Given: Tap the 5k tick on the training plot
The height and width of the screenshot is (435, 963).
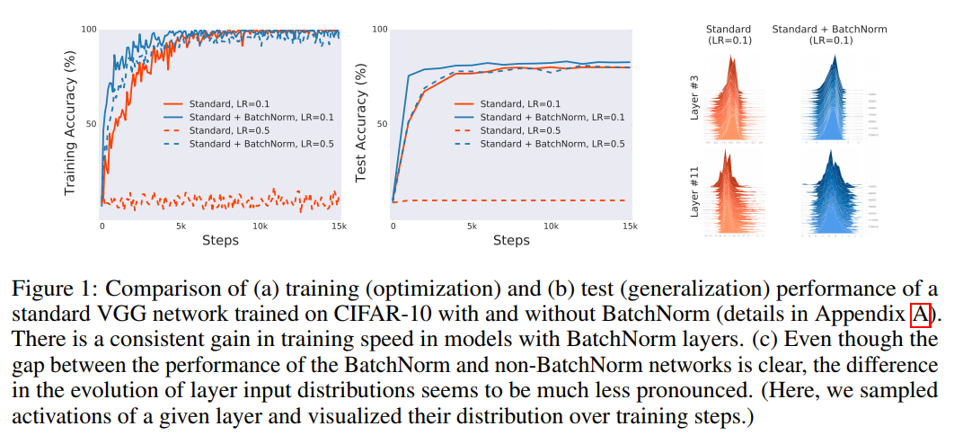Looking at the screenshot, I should (x=181, y=226).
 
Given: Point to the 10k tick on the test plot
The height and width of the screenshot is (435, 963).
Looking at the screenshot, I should (x=551, y=226).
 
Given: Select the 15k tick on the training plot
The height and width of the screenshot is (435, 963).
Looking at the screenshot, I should (x=339, y=226).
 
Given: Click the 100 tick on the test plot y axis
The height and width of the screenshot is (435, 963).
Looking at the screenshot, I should (x=379, y=31).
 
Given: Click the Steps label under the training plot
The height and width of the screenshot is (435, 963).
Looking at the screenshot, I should (x=220, y=241).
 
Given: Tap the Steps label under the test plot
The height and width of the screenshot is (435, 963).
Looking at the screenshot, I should (x=511, y=241).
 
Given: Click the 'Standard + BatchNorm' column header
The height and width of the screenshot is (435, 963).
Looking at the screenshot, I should (x=829, y=29).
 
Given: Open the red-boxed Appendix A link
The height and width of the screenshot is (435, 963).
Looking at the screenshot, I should (x=919, y=314).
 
